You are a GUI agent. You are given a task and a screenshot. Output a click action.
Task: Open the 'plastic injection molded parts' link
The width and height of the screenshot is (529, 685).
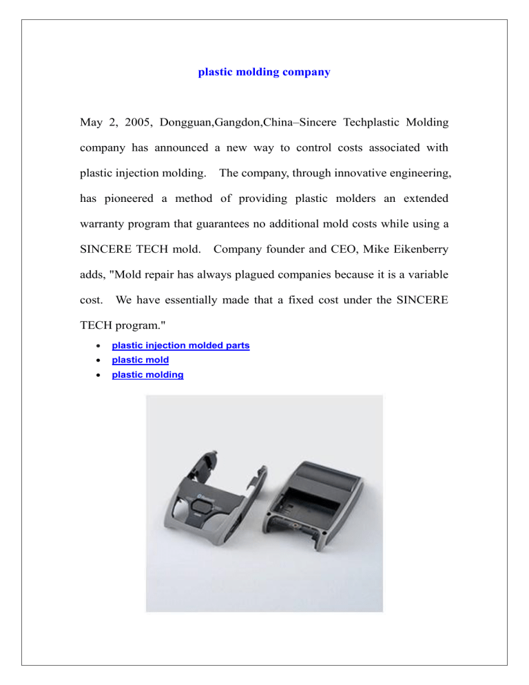pyautogui.click(x=180, y=345)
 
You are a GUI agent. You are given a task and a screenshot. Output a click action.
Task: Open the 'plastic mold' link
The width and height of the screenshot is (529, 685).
pyautogui.click(x=141, y=360)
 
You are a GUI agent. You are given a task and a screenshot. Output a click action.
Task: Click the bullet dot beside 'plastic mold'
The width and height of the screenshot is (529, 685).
pyautogui.click(x=101, y=360)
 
